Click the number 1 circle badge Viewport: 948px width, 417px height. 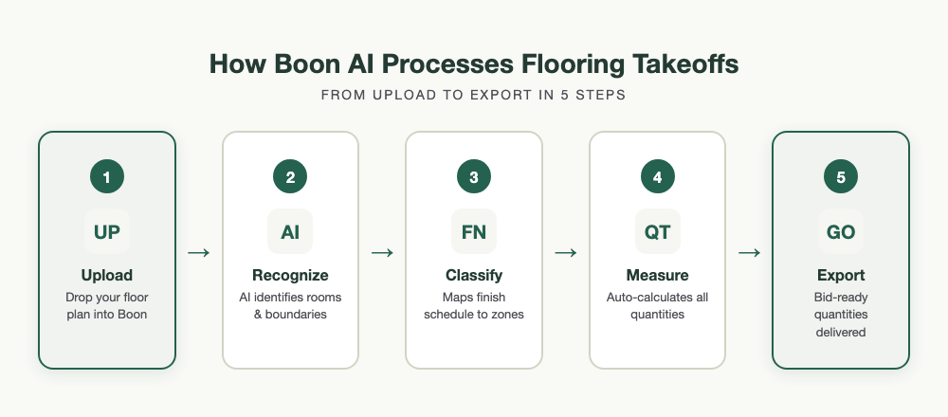(107, 177)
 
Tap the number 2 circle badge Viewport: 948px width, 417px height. (290, 177)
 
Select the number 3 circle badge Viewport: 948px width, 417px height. (474, 177)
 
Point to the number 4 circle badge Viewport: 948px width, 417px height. (657, 177)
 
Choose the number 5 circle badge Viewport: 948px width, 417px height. (841, 177)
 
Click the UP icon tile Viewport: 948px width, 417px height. (107, 231)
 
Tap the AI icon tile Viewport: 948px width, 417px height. (290, 231)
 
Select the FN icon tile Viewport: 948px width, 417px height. (474, 231)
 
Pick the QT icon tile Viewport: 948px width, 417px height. (657, 231)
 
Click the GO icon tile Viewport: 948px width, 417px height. (841, 231)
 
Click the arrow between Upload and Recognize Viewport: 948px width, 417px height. (199, 252)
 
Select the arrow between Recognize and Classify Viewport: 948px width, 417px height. (382, 252)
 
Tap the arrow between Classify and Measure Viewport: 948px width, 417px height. (566, 252)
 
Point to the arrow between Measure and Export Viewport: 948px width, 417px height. (749, 252)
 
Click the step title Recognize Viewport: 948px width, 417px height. (290, 276)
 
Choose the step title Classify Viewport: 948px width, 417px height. (474, 276)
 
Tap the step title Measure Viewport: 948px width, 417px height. (657, 276)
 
